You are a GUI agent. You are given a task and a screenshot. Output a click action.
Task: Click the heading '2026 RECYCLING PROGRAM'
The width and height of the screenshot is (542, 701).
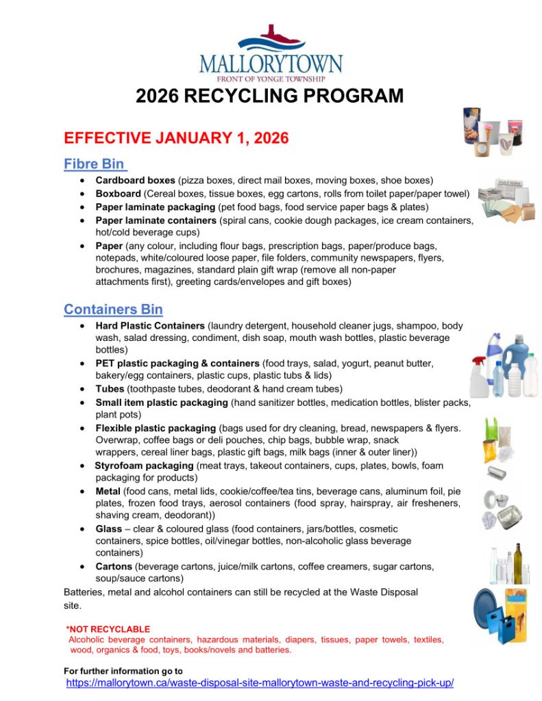270,96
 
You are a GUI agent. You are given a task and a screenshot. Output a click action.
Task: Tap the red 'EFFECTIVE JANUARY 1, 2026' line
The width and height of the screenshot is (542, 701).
176,138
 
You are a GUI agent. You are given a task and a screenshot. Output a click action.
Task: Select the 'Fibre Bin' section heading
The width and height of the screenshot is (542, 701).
95,164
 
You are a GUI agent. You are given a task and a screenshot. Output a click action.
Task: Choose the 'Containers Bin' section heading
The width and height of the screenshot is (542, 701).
113,309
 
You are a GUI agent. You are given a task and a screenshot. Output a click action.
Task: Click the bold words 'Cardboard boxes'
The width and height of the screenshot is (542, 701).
135,181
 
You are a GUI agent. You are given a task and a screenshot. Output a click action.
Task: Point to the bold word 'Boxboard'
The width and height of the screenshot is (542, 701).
118,194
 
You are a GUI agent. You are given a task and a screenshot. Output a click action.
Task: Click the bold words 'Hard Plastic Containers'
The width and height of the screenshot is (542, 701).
150,326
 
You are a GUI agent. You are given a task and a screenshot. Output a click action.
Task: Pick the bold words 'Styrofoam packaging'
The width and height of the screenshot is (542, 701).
144,466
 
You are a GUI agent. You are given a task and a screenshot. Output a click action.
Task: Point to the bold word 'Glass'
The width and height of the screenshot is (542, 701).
109,529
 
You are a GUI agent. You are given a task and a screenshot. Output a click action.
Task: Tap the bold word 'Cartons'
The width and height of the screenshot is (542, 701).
114,567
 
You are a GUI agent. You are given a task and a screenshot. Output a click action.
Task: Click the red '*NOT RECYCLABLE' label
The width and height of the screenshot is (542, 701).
108,629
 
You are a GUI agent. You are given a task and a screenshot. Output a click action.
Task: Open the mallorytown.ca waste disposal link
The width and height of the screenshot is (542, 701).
260,683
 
